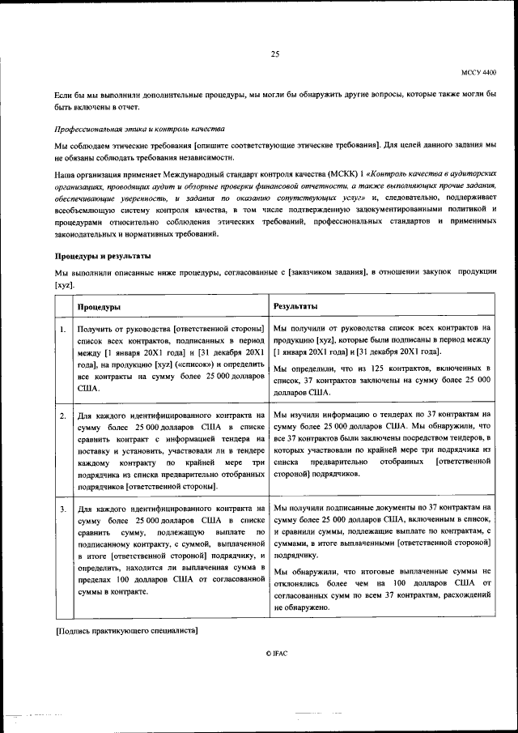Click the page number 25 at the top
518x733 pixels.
point(274,54)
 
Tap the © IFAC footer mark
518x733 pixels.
point(275,652)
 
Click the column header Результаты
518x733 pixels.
point(295,306)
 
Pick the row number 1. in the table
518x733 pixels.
point(62,329)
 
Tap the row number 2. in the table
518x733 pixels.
point(62,416)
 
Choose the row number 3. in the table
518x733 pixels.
point(62,508)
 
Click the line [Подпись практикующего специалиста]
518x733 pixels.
point(127,629)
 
